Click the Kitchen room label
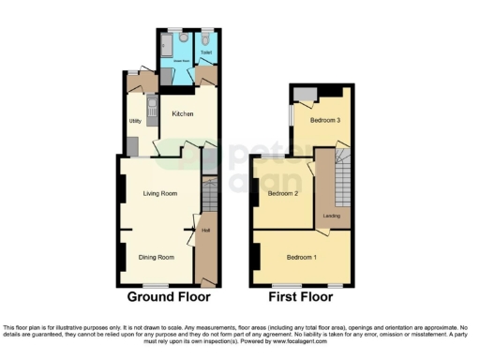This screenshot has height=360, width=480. pyautogui.click(x=182, y=114)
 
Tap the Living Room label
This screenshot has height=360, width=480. pyautogui.click(x=160, y=194)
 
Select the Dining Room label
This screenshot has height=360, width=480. pyautogui.click(x=157, y=257)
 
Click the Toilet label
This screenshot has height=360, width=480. pyautogui.click(x=205, y=52)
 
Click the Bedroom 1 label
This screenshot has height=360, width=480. pyautogui.click(x=302, y=258)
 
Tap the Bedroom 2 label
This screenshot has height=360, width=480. pyautogui.click(x=282, y=194)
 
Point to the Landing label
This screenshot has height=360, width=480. pyautogui.click(x=332, y=216)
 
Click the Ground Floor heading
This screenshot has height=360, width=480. pyautogui.click(x=169, y=297)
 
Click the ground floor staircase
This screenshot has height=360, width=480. pyautogui.click(x=209, y=196)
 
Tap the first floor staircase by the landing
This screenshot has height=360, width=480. pyautogui.click(x=342, y=178)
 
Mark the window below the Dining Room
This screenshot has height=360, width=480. pyautogui.click(x=156, y=284)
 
